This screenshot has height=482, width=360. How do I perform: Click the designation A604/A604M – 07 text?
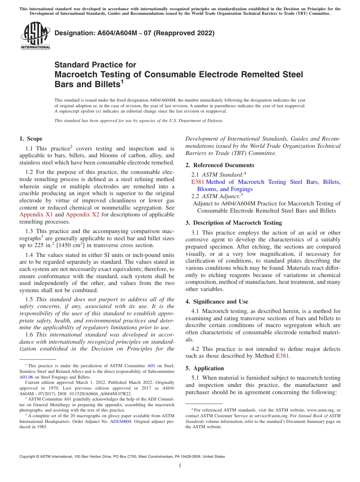tap(135, 33)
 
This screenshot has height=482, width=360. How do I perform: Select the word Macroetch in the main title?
tap(78, 74)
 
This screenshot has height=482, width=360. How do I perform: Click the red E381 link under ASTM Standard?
tap(198, 182)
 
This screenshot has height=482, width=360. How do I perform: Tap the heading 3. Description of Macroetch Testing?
tap(233, 223)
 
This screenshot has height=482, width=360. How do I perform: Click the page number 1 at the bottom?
tap(180, 466)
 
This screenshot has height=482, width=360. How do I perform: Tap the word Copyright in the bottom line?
tap(28, 457)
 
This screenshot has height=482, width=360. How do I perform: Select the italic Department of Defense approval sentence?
tap(139, 121)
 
